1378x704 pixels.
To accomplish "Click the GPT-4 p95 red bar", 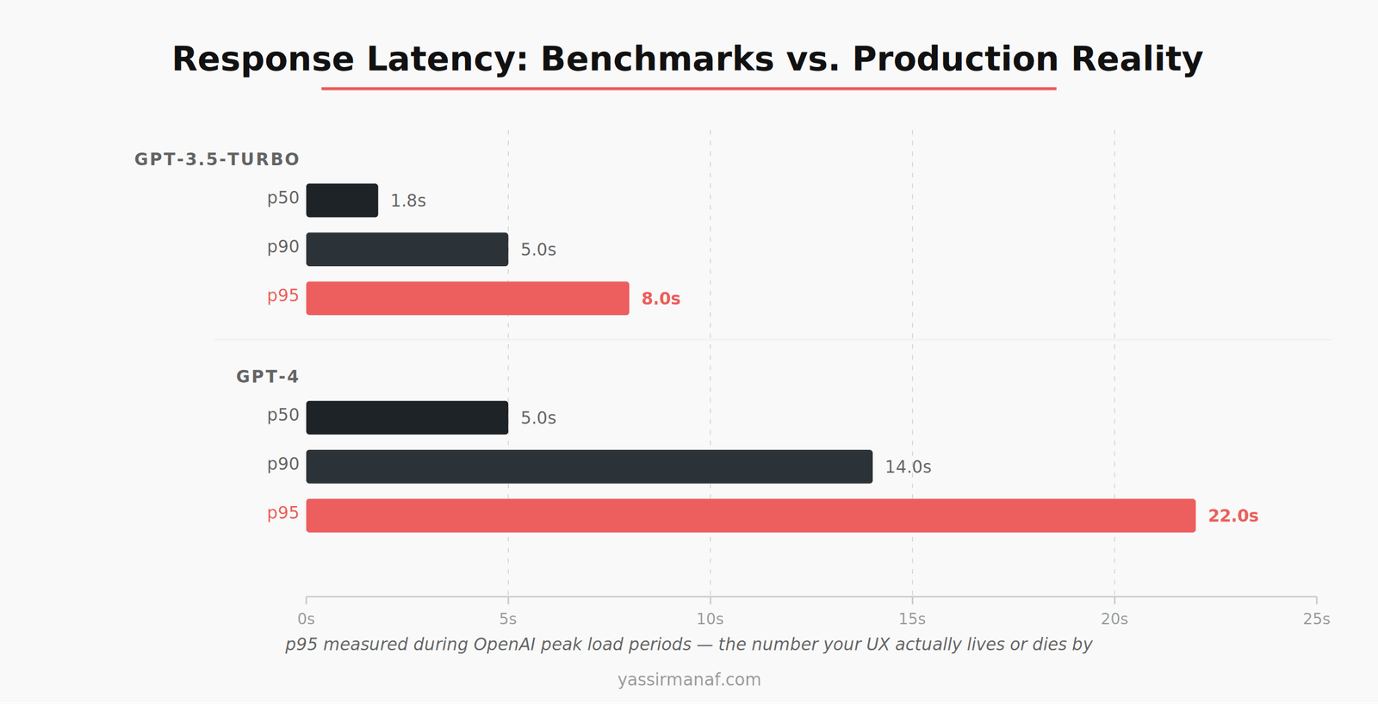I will click(x=750, y=516).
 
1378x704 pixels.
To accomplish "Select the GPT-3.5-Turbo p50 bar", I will click(x=342, y=201).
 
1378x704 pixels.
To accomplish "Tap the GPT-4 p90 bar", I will click(x=589, y=466).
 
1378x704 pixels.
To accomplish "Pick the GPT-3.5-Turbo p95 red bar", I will click(x=468, y=299).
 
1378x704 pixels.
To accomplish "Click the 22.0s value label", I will click(x=1232, y=516).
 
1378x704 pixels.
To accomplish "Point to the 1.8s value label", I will click(x=408, y=201).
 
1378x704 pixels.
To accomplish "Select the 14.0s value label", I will click(x=908, y=467).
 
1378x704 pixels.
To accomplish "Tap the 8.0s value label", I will click(x=661, y=299).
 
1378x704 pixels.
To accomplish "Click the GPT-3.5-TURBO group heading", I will click(x=217, y=159).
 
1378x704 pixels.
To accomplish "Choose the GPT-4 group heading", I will click(x=267, y=377).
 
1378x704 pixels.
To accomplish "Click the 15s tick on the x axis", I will click(x=912, y=619).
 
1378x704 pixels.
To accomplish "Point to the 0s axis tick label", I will click(x=306, y=619).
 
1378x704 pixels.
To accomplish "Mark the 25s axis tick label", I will click(x=1316, y=619).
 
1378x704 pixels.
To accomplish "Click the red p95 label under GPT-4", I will click(x=282, y=514).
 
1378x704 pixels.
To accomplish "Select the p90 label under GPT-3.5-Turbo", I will click(x=282, y=248).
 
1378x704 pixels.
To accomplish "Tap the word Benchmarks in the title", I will click(x=657, y=59).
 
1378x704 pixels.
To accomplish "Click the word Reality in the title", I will click(x=1137, y=59).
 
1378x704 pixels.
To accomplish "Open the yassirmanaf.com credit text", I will click(x=689, y=680).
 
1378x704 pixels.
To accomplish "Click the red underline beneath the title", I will click(x=689, y=88).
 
